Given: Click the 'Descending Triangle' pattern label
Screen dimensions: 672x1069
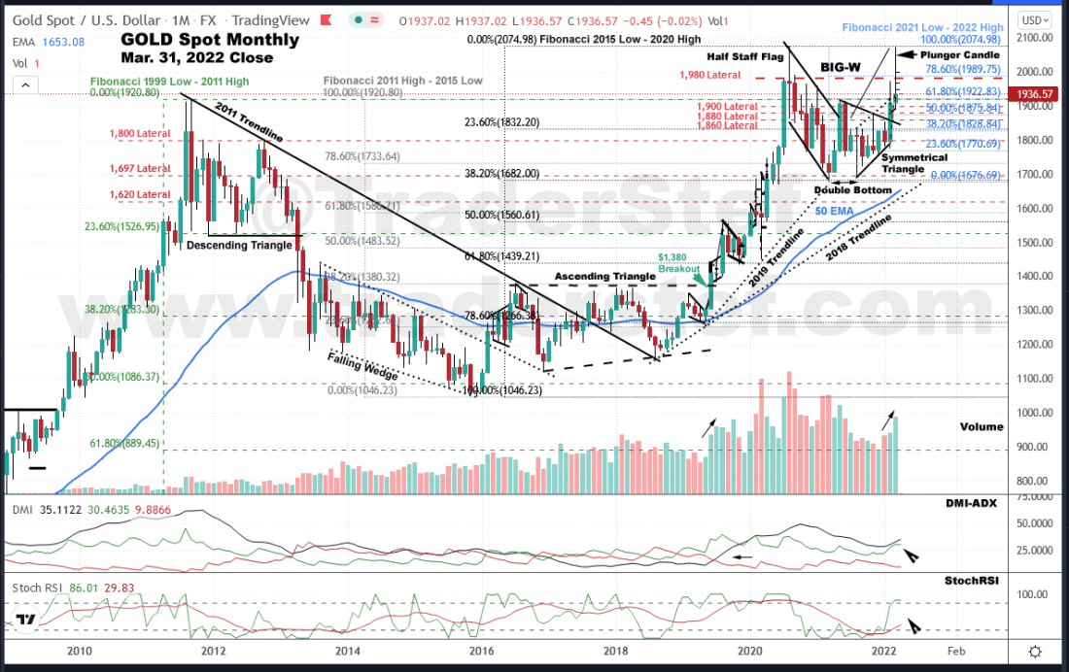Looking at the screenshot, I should tap(239, 245).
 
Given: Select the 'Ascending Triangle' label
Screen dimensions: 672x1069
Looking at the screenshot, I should tap(603, 277).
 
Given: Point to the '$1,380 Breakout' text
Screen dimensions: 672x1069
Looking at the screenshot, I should tap(679, 262).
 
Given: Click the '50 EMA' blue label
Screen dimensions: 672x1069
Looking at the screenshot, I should tap(833, 211).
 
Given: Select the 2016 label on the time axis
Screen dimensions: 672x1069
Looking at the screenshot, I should tap(480, 652).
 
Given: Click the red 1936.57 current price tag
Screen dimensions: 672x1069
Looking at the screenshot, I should tap(1032, 94).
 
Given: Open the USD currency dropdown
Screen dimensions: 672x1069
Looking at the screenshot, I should tap(1032, 19).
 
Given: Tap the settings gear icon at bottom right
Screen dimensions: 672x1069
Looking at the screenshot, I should tap(1035, 652).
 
